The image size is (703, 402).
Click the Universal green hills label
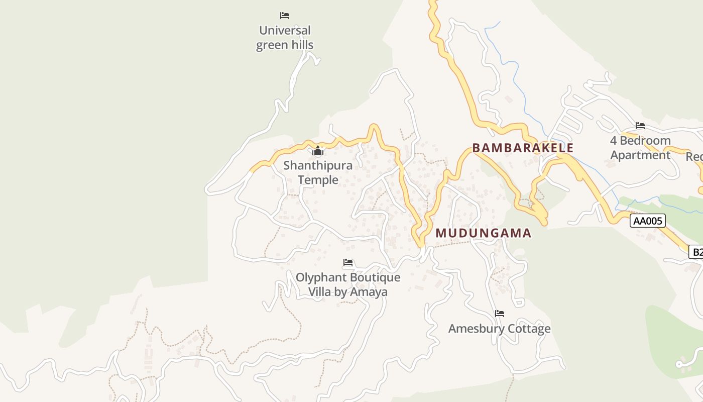click(285, 38)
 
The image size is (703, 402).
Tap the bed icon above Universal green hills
click(285, 16)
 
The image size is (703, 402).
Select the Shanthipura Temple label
click(318, 172)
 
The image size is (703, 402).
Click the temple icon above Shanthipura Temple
click(318, 151)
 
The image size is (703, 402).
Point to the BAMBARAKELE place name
click(523, 148)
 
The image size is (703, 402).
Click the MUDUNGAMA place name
click(483, 233)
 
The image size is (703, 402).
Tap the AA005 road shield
click(648, 221)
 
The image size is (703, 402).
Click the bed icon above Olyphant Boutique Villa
click(348, 262)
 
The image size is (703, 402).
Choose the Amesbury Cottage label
click(499, 329)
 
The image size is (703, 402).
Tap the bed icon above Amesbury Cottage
click(499, 314)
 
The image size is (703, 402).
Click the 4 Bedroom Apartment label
click(640, 148)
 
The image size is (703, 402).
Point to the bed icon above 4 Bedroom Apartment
click(640, 126)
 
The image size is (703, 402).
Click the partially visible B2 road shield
click(696, 252)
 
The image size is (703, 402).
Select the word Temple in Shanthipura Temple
click(318, 180)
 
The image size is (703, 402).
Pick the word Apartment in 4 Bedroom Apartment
click(640, 155)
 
